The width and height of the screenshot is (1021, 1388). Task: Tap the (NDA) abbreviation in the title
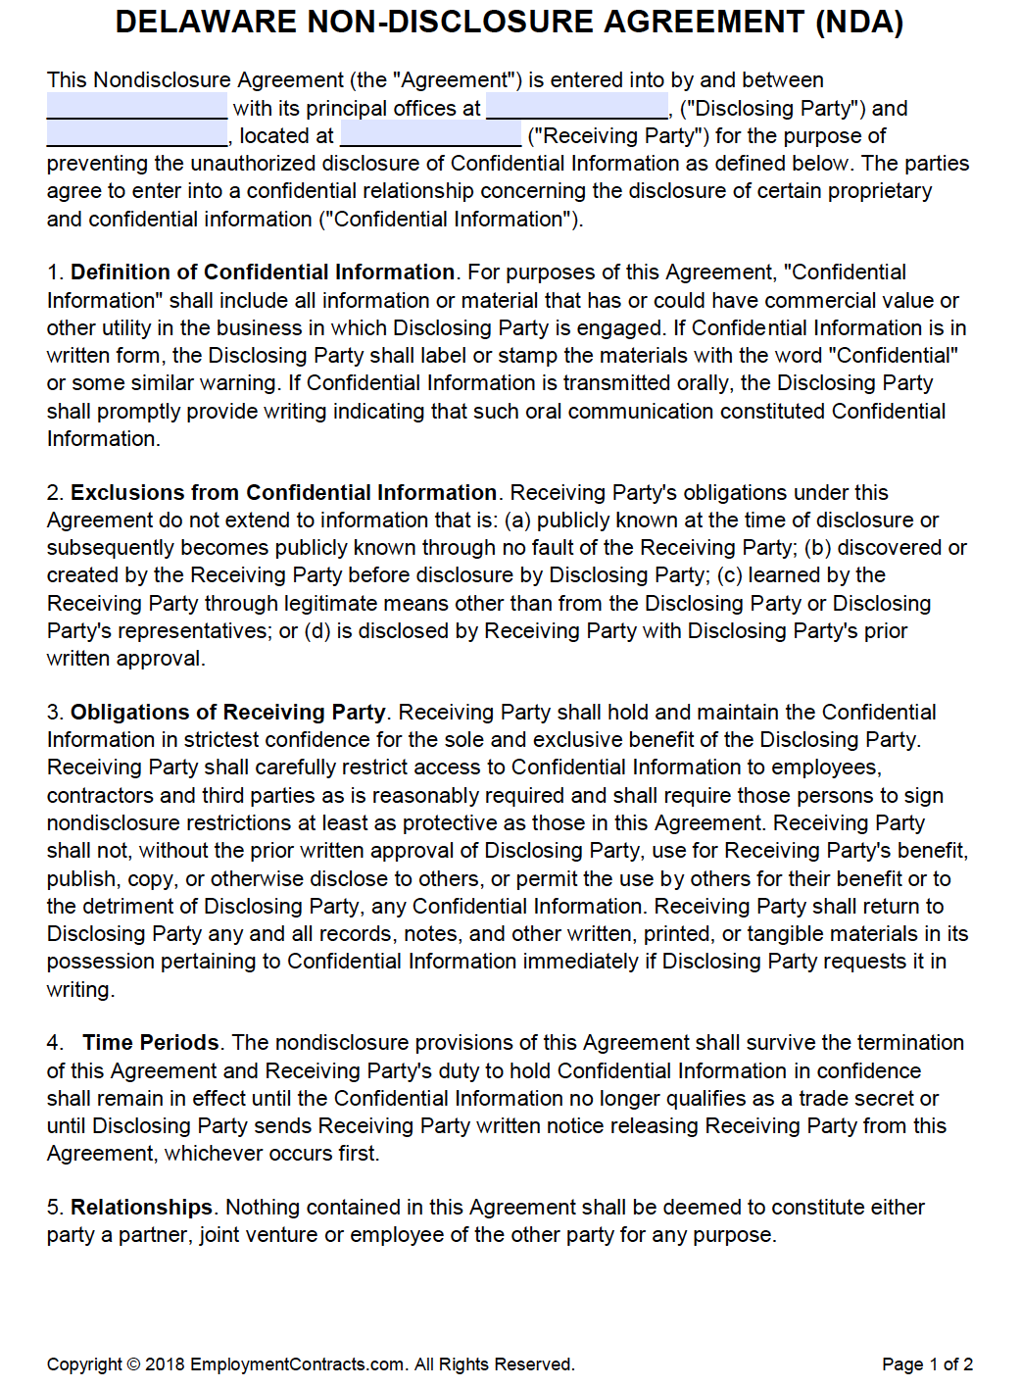click(x=859, y=22)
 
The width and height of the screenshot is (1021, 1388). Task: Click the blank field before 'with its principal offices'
click(x=136, y=107)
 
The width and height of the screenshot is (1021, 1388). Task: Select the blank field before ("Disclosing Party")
click(x=576, y=107)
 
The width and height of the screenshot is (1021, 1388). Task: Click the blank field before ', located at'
click(x=136, y=134)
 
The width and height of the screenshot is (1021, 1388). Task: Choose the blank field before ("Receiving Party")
click(x=430, y=134)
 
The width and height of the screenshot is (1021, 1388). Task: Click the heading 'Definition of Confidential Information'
click(x=263, y=273)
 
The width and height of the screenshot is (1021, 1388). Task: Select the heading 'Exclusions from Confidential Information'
click(x=283, y=492)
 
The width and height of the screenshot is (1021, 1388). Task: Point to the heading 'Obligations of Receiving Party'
click(x=228, y=713)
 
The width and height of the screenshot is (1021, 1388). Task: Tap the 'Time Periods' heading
click(x=151, y=1043)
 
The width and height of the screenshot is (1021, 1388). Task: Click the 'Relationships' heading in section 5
click(x=141, y=1208)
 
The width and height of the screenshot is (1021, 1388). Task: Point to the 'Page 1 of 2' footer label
click(x=927, y=1364)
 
